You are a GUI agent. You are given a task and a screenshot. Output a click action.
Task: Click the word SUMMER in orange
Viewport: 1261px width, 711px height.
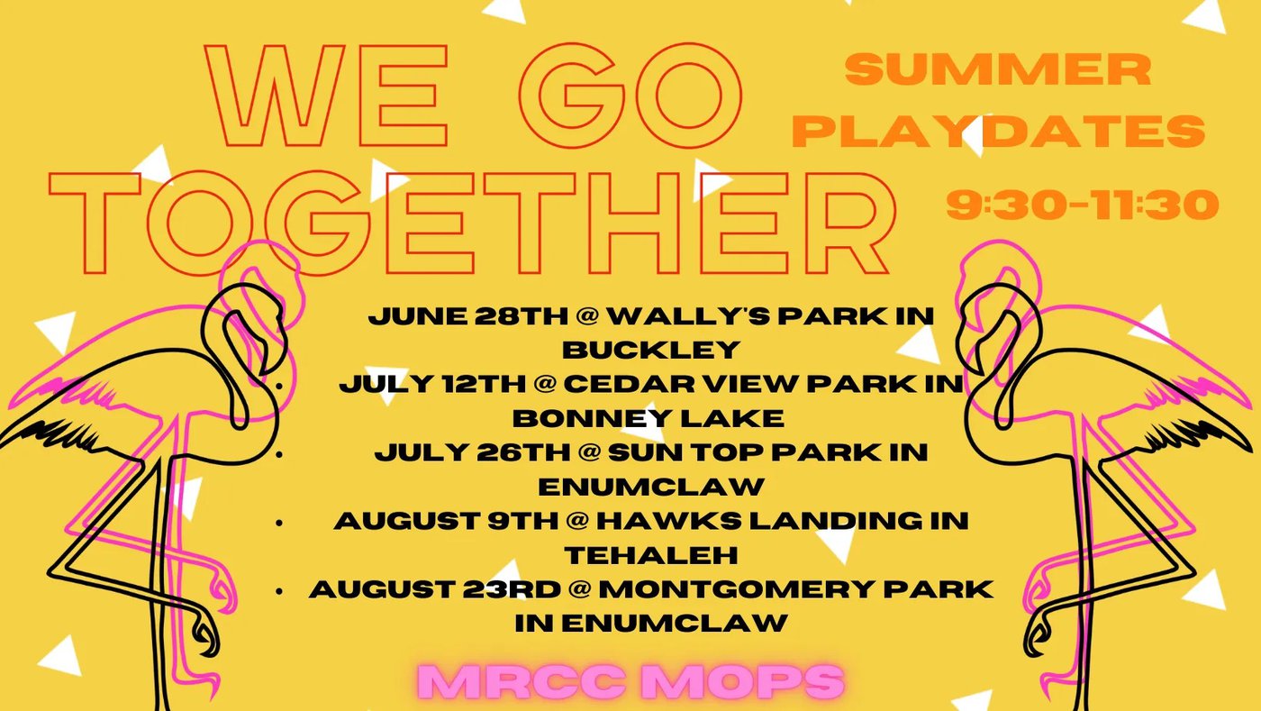coord(998,69)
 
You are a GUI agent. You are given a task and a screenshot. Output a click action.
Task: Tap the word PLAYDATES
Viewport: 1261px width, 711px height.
coord(998,131)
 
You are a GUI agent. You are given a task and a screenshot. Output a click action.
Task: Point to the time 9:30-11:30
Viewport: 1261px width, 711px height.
coord(1082,204)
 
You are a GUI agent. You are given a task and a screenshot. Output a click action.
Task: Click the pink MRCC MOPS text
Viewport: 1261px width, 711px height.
coord(631,681)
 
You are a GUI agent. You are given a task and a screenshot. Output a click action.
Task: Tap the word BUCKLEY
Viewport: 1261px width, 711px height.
coord(650,351)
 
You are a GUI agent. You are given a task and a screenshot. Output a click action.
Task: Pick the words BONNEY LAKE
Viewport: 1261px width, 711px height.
coord(648,419)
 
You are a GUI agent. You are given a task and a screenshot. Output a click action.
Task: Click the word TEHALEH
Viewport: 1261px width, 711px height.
coord(650,555)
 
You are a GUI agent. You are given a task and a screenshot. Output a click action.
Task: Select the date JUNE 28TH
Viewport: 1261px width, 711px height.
coord(467,316)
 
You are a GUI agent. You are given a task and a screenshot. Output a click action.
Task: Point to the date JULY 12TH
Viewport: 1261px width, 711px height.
coord(432,384)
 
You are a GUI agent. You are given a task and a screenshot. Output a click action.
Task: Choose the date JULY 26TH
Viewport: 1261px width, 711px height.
coord(472,452)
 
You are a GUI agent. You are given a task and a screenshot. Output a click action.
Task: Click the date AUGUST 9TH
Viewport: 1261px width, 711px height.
coord(446,521)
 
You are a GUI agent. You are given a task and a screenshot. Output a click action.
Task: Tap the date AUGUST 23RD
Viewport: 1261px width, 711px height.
coord(434,589)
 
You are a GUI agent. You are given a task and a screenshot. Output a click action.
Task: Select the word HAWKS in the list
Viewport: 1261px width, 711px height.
coord(668,521)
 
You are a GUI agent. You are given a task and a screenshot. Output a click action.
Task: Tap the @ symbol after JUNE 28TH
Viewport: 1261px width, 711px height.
coord(587,316)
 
